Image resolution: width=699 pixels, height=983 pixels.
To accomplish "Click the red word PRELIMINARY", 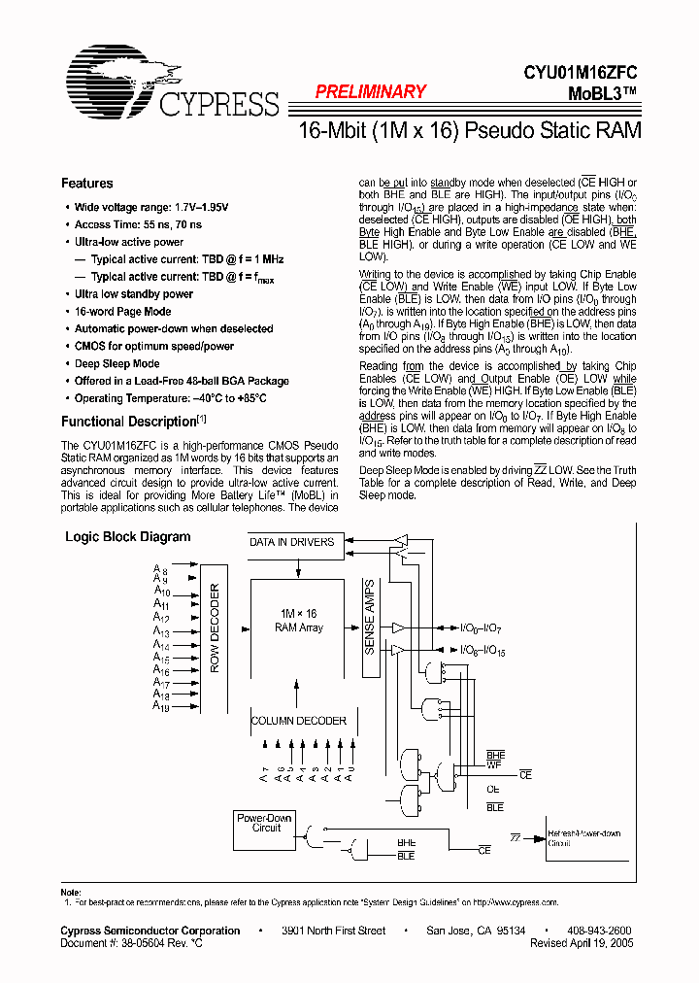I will pos(371,92).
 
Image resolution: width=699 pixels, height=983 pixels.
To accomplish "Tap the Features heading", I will pos(86,183).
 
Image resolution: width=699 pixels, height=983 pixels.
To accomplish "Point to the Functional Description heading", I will pos(129,422).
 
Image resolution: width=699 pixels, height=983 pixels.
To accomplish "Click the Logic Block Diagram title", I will pos(127,536).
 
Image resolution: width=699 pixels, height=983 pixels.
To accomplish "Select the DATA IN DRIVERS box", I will pos(291,542).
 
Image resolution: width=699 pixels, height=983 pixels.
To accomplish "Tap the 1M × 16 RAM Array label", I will pos(298,621).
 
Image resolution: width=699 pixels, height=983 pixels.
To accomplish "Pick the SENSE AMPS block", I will pos(370,618).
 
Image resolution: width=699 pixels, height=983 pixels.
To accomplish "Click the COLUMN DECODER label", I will pos(298,721).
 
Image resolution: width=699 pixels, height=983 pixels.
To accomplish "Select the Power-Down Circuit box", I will pos(265,823).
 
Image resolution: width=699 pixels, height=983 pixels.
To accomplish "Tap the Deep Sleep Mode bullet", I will pos(117,363).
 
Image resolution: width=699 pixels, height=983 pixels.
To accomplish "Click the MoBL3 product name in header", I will pos(602,93).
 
